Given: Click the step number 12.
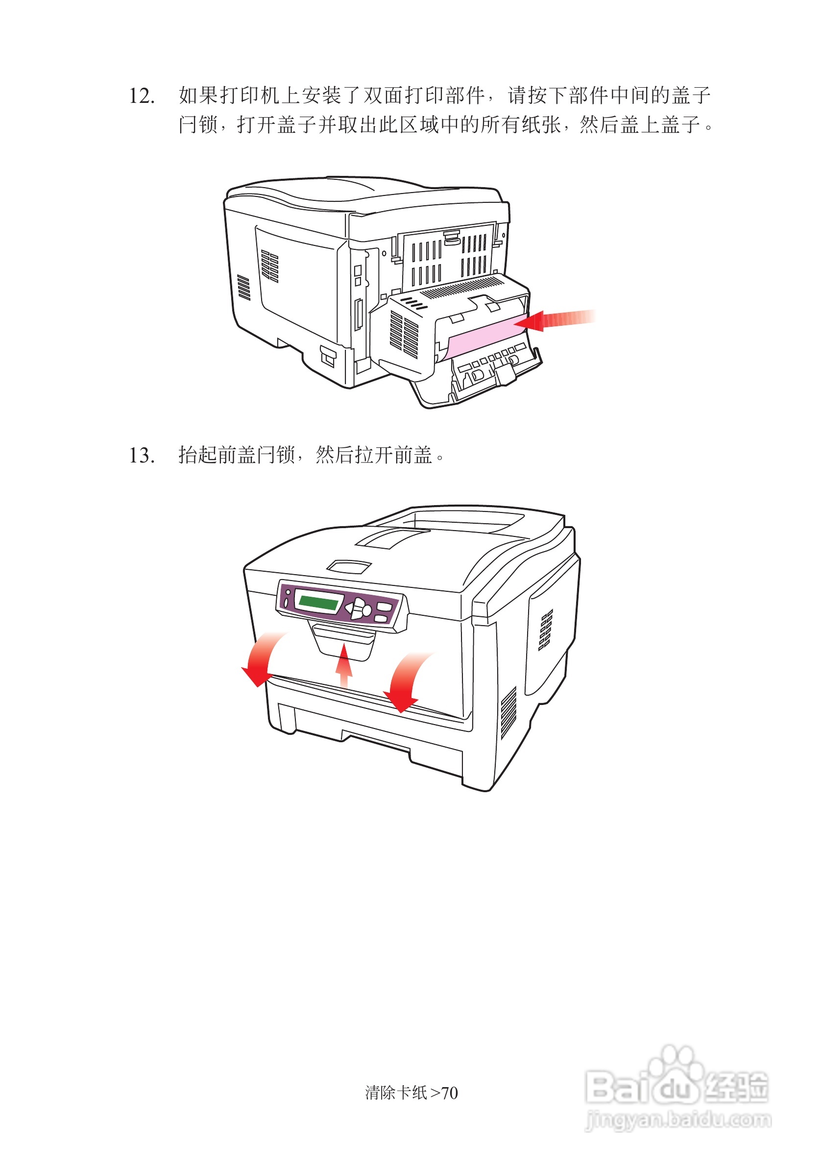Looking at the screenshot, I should (x=142, y=96).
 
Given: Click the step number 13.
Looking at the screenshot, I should (x=142, y=455).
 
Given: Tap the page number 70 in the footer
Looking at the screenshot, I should (x=449, y=1093).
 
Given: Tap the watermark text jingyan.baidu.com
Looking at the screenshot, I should (x=678, y=1120).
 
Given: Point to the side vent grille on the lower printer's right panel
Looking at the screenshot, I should (x=545, y=630).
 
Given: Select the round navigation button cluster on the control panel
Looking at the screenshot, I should (x=359, y=608).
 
